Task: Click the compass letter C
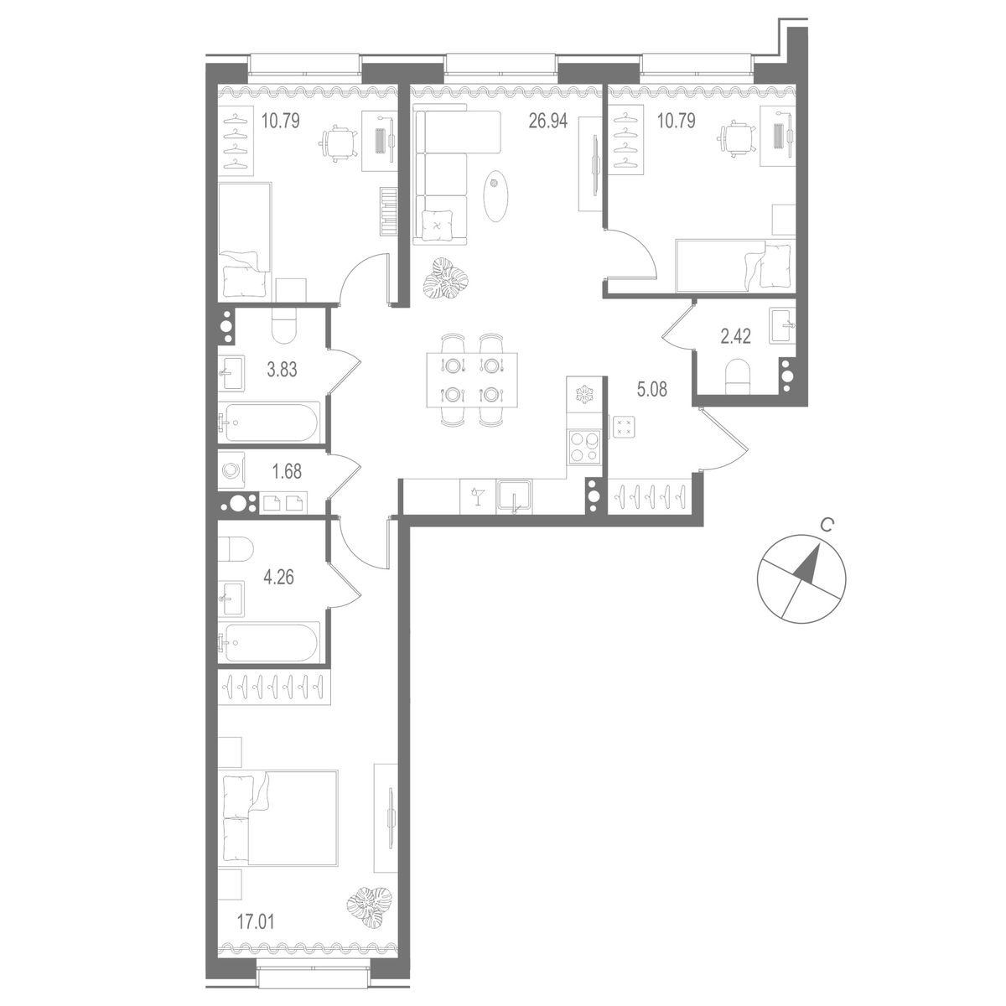[826, 526]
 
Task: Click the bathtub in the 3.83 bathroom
[268, 423]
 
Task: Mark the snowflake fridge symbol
[581, 394]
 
